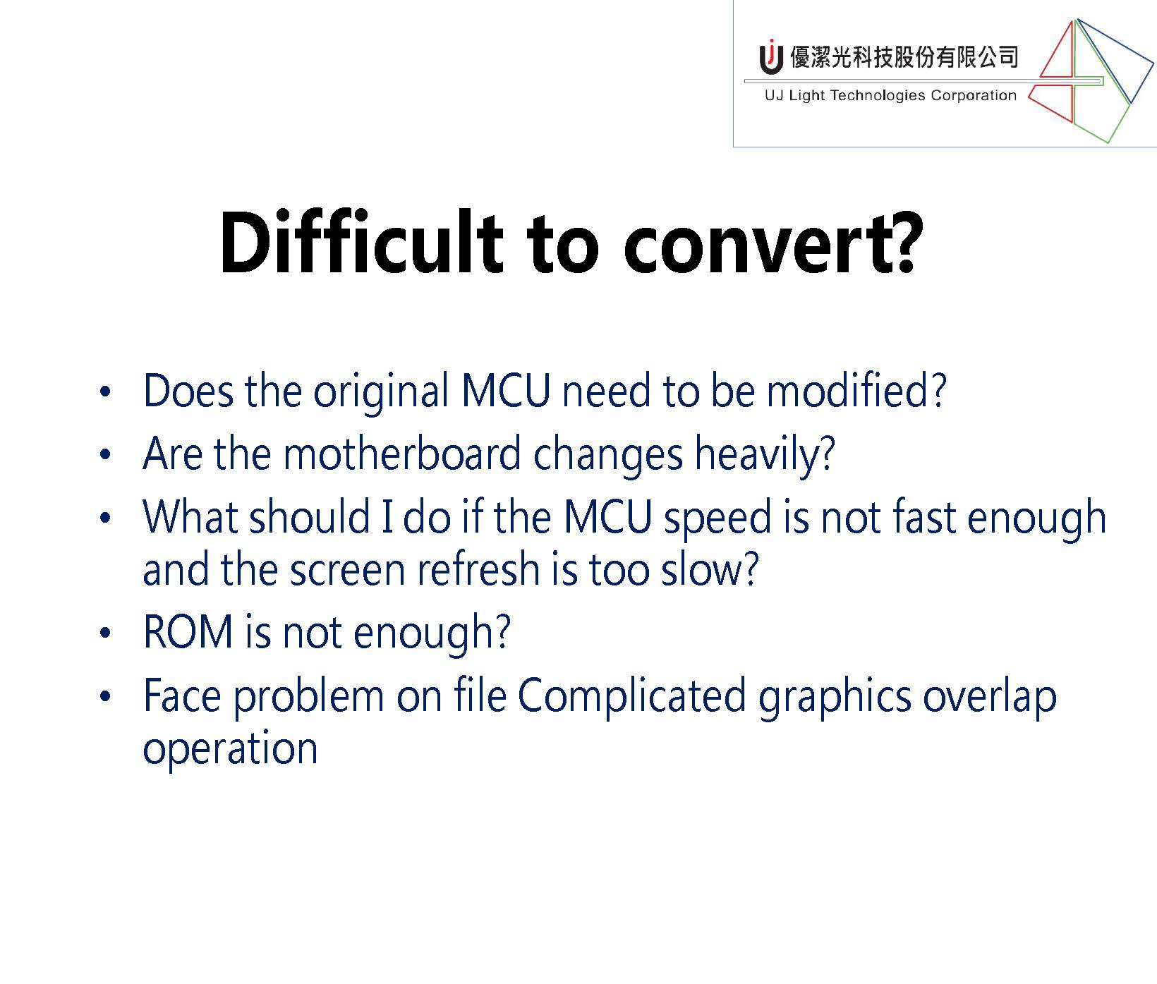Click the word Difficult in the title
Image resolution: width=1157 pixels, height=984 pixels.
coord(361,242)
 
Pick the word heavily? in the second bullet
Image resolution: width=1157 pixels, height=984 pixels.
coord(765,456)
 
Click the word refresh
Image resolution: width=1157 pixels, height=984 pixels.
coord(478,570)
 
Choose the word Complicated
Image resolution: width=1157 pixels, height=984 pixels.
coord(632,698)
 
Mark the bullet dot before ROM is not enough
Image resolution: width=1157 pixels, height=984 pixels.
coord(106,633)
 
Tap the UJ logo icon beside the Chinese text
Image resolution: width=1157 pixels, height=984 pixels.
coord(771,56)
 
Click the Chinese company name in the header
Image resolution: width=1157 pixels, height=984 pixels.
coord(904,56)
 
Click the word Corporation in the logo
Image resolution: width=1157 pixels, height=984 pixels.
coord(974,96)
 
